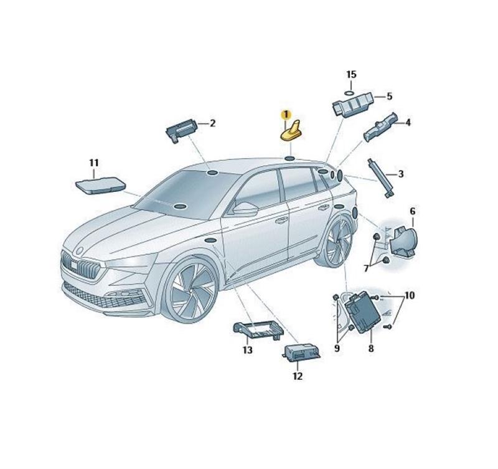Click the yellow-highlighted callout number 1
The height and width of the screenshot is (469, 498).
(286, 114)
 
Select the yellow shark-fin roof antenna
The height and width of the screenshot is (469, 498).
(291, 131)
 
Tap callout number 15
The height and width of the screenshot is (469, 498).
(351, 74)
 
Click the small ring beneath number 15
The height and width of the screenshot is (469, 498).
(350, 93)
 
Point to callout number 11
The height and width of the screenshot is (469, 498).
(94, 163)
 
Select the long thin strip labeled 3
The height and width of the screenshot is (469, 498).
(381, 178)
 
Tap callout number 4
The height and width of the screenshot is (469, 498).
(408, 122)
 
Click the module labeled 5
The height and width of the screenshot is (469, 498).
(353, 105)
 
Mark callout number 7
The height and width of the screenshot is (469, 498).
(366, 269)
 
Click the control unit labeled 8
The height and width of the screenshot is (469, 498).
(362, 311)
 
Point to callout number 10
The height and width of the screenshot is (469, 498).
(410, 295)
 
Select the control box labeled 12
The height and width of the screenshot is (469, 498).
(301, 353)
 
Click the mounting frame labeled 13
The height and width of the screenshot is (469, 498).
(258, 331)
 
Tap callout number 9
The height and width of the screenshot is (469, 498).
(337, 349)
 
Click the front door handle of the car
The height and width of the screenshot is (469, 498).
(281, 220)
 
